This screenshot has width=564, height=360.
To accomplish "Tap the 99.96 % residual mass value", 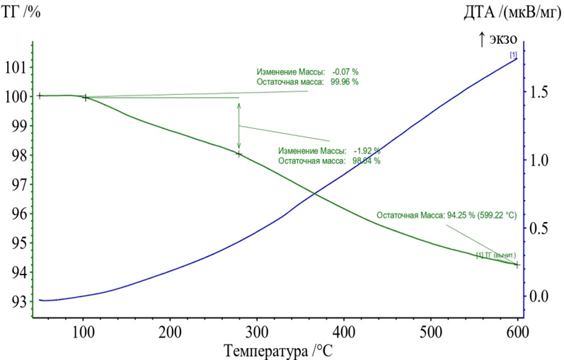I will pyautogui.click(x=345, y=81).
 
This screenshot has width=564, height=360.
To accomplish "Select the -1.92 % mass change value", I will pyautogui.click(x=367, y=151).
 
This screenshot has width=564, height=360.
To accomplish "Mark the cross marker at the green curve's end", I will pyautogui.click(x=517, y=265).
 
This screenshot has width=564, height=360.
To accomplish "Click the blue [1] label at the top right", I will pyautogui.click(x=513, y=54).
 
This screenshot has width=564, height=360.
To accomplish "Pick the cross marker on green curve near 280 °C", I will pyautogui.click(x=239, y=153).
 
